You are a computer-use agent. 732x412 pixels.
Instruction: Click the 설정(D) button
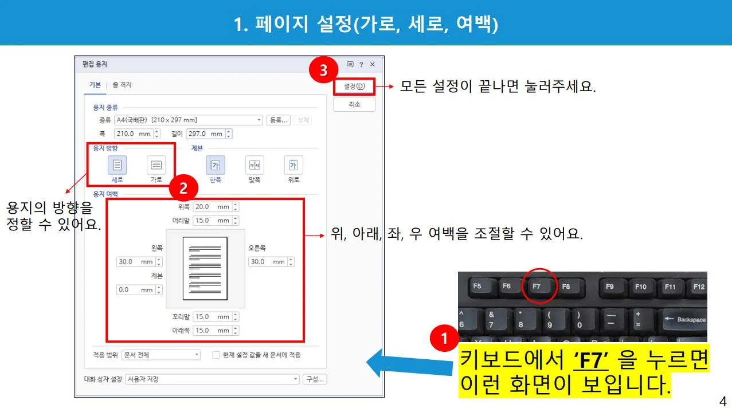tap(354, 87)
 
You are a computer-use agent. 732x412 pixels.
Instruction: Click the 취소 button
tap(354, 104)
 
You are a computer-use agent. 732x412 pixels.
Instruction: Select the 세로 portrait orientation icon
tap(118, 165)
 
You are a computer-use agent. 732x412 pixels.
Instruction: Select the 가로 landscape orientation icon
tap(156, 165)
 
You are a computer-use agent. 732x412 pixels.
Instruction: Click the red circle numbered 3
tap(323, 70)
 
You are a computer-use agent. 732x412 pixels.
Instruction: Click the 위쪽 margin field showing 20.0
tap(212, 207)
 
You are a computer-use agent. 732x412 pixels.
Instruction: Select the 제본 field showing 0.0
tap(134, 290)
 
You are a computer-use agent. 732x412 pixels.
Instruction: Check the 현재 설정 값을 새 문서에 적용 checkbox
tap(216, 355)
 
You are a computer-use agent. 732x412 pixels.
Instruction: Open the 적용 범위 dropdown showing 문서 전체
tap(161, 355)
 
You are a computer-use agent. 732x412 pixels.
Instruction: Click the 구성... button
tap(315, 379)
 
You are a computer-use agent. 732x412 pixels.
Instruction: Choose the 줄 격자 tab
tap(122, 85)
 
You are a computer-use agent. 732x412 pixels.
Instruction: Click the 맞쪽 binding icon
tap(255, 166)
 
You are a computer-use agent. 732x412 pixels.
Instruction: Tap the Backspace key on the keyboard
tap(684, 319)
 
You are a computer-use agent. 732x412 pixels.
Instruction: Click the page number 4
tap(722, 401)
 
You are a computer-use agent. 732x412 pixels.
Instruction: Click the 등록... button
tap(279, 120)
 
